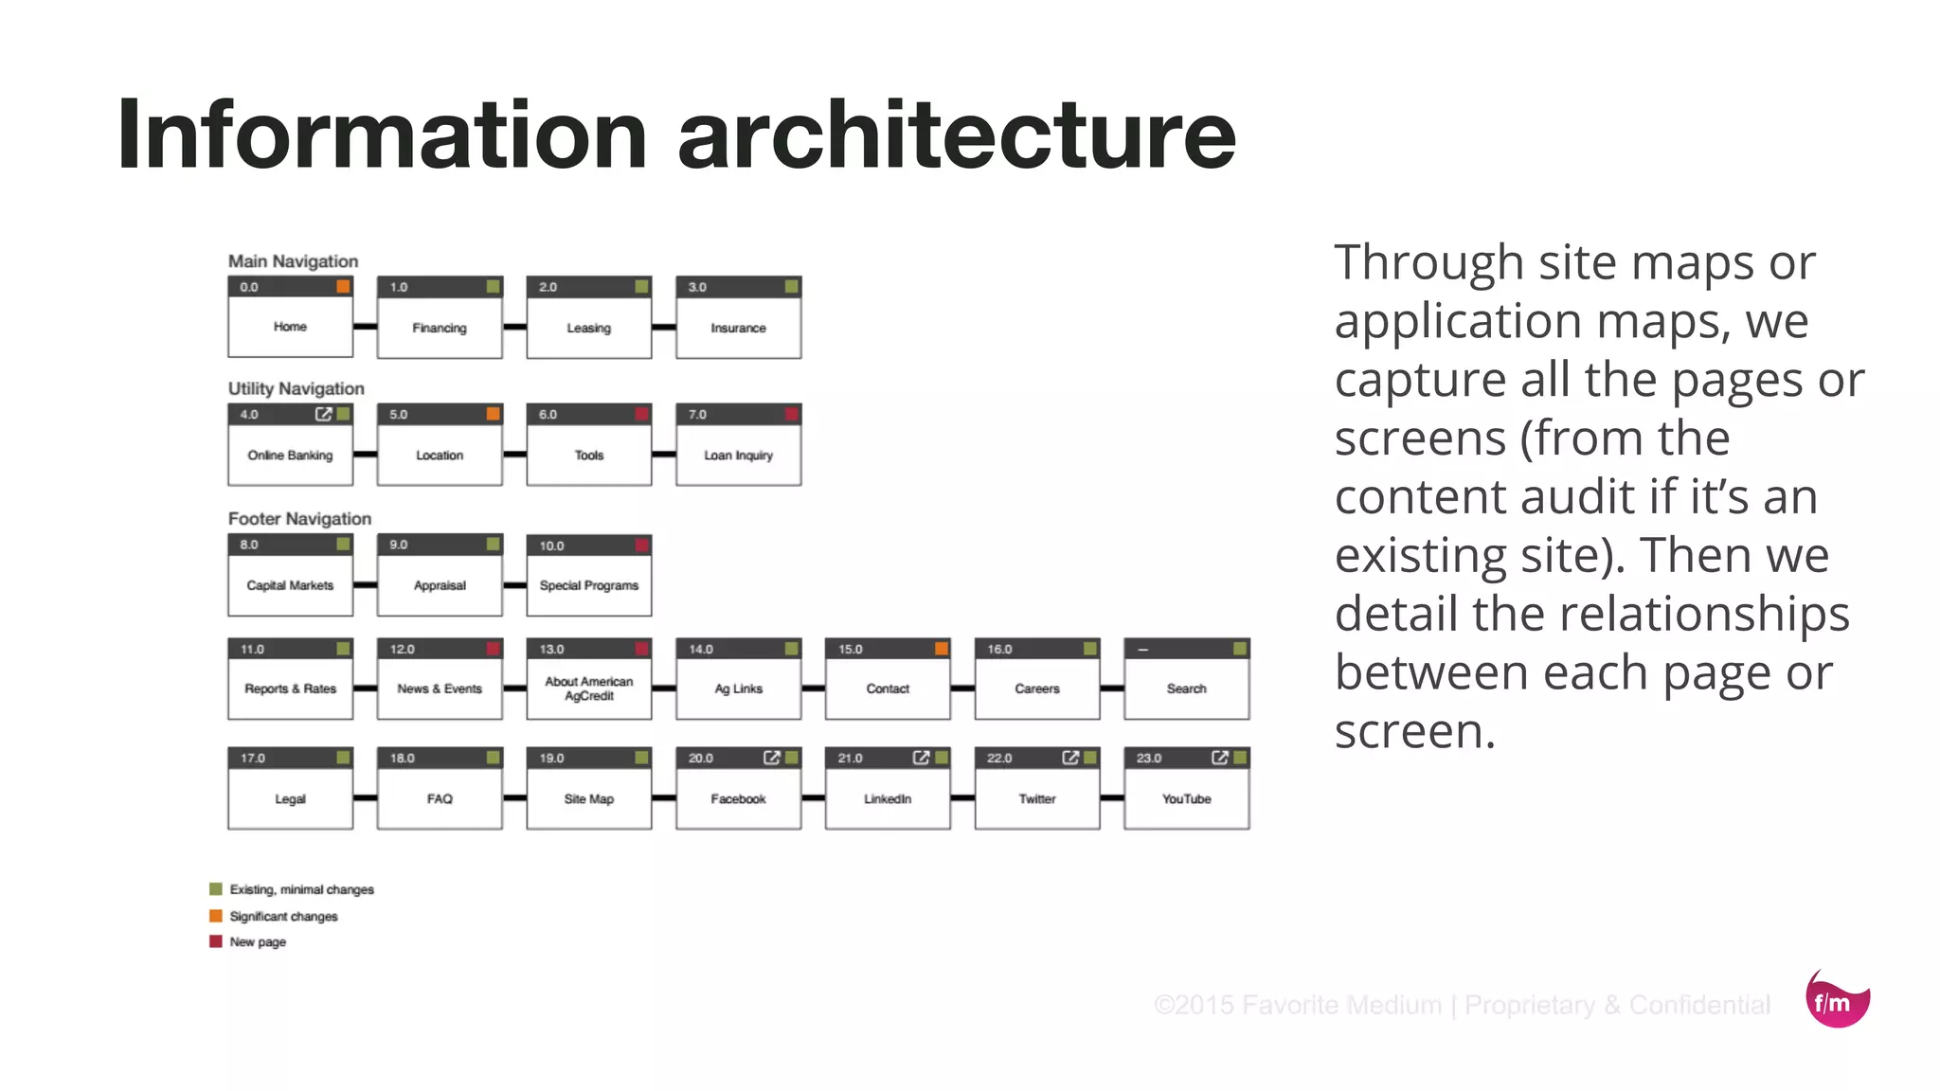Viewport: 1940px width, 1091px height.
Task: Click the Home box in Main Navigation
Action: click(x=290, y=327)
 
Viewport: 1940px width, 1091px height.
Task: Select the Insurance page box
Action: click(x=738, y=328)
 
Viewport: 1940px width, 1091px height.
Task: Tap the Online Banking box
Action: click(x=290, y=456)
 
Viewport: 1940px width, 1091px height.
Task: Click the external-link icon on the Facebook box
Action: click(x=771, y=758)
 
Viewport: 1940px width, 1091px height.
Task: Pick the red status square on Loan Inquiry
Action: click(x=792, y=414)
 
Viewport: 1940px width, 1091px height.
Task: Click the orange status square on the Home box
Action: click(x=343, y=287)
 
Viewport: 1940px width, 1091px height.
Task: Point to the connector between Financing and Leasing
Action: click(x=514, y=327)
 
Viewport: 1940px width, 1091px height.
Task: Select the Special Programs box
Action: click(x=588, y=585)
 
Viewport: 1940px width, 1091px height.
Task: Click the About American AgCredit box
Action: click(x=588, y=689)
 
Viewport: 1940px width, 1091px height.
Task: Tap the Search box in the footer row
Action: click(x=1186, y=689)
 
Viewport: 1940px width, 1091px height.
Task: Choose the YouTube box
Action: click(x=1186, y=799)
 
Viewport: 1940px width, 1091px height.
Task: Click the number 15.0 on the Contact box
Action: click(x=850, y=650)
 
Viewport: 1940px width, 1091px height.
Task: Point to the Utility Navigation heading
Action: click(x=296, y=388)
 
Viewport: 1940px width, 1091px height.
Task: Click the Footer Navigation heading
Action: click(x=299, y=519)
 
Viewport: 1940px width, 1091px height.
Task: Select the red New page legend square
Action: click(x=216, y=941)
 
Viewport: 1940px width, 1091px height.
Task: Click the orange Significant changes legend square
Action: click(x=216, y=916)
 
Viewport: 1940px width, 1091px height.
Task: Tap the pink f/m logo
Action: click(x=1836, y=1001)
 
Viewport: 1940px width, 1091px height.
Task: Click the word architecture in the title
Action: click(x=957, y=135)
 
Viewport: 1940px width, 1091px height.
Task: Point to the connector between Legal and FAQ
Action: click(x=365, y=798)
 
